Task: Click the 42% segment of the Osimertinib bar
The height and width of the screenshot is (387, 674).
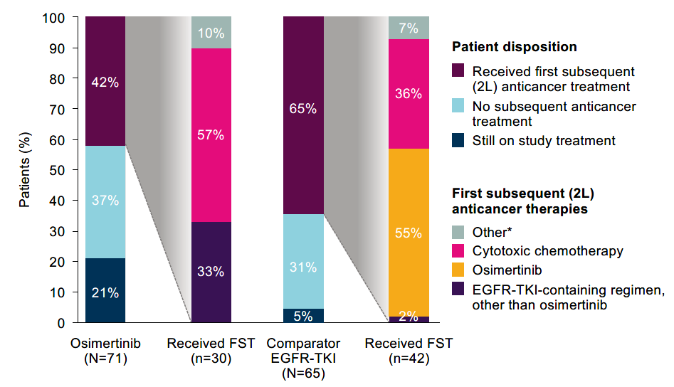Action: pos(105,81)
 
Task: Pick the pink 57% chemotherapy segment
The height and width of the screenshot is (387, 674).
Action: pos(211,135)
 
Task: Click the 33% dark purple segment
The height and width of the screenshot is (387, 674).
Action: pos(211,272)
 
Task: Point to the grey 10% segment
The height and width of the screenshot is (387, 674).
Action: pos(211,33)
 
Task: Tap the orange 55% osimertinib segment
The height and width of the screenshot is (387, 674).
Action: pos(409,233)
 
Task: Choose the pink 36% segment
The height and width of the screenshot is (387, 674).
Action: pos(409,94)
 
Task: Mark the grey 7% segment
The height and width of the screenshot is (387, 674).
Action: pos(409,28)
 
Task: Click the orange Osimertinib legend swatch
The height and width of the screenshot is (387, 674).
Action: pos(459,271)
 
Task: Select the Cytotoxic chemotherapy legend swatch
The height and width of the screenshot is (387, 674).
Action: pos(459,251)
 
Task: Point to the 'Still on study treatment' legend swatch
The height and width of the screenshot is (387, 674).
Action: pos(459,141)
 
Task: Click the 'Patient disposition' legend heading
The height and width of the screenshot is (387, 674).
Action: pos(514,47)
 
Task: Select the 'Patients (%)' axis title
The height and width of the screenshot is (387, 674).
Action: pos(25,170)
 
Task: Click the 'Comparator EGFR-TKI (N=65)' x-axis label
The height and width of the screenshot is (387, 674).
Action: pos(303,358)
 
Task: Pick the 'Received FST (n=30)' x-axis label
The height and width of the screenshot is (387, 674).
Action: pos(211,351)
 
